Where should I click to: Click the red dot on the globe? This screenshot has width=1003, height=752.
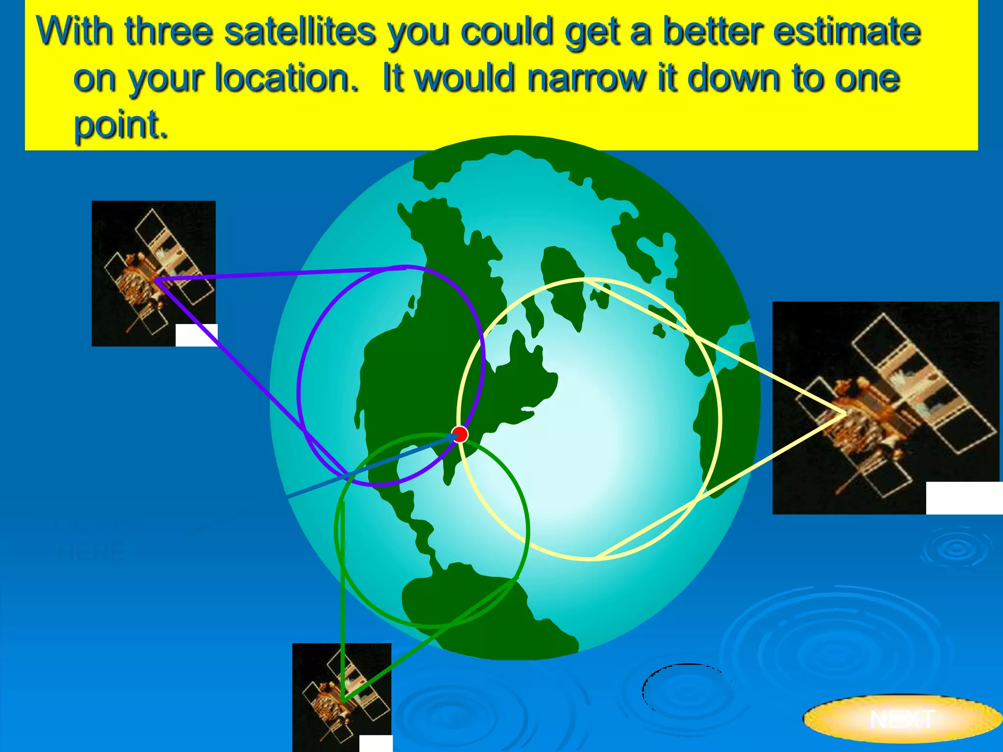click(x=460, y=434)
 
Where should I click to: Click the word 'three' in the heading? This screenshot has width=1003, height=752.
click(x=169, y=32)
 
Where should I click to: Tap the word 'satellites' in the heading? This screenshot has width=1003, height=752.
click(x=300, y=32)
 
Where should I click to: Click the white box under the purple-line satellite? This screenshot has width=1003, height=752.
click(x=196, y=335)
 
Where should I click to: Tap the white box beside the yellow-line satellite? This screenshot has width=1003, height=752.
click(x=964, y=498)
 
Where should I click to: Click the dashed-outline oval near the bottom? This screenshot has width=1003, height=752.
click(x=686, y=690)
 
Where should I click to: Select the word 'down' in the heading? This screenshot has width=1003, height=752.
click(x=732, y=78)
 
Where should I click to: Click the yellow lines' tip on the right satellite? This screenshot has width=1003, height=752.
click(x=845, y=414)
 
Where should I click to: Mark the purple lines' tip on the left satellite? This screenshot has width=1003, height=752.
click(x=156, y=280)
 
